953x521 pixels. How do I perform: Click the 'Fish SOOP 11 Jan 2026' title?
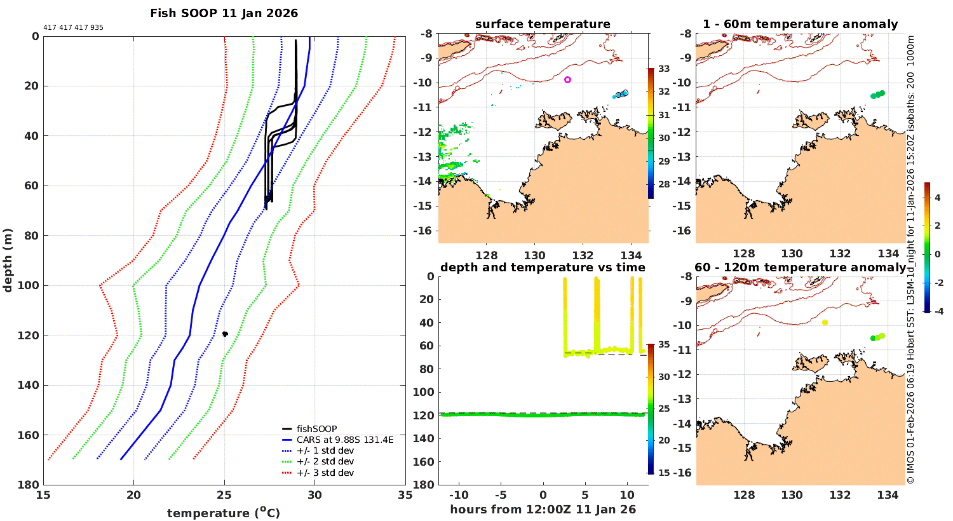coord(224,13)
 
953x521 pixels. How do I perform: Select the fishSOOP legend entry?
coord(316,429)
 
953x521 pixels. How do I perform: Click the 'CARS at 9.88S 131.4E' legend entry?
coord(345,440)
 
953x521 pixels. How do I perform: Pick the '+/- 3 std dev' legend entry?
coord(325,473)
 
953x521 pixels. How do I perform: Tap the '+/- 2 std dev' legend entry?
coord(325,462)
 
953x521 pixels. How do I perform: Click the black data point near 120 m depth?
coord(225,334)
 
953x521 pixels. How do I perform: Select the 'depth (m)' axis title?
coord(8,260)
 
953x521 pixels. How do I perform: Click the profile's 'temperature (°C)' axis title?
coord(223,513)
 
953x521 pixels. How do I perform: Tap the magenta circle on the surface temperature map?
coord(567,80)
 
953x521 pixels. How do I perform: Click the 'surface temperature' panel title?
coord(543,25)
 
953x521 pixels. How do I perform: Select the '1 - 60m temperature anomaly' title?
coord(800,25)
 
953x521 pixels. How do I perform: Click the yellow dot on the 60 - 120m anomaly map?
coord(825,323)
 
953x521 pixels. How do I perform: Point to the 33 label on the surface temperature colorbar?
coord(663,69)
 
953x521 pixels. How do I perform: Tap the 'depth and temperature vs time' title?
coord(543,267)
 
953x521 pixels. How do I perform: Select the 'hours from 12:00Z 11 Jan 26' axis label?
coord(543,510)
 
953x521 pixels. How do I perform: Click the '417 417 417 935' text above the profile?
coord(73,28)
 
